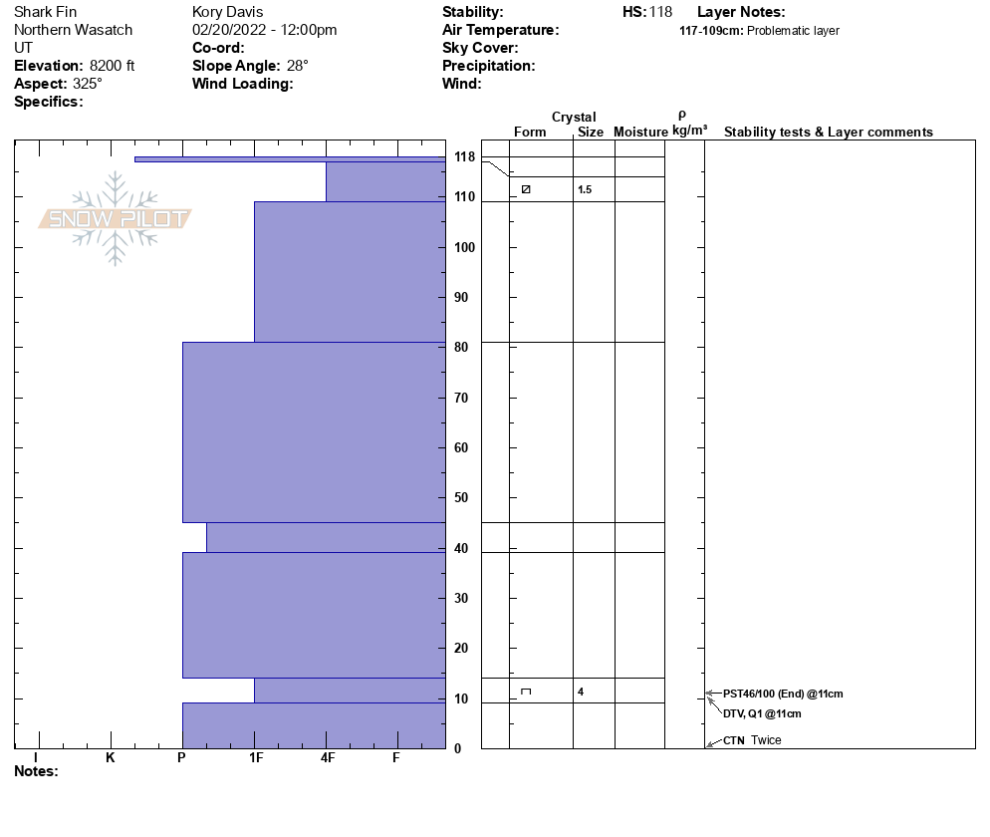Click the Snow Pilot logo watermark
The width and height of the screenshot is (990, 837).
(x=116, y=218)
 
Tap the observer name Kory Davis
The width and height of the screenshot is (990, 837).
(x=227, y=12)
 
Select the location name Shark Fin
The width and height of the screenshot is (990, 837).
(x=45, y=12)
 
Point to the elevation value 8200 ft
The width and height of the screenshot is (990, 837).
(x=112, y=66)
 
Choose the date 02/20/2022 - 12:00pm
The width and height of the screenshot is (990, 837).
(x=264, y=30)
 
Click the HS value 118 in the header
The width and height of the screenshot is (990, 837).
(x=660, y=12)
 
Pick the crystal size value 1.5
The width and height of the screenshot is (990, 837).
(x=585, y=189)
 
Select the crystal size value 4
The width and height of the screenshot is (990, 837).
(x=581, y=692)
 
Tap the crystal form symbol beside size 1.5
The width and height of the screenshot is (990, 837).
(x=526, y=189)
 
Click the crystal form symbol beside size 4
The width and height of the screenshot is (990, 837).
(x=526, y=692)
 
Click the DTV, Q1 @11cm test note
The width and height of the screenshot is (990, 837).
(x=762, y=713)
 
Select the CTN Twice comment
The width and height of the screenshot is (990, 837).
(x=752, y=740)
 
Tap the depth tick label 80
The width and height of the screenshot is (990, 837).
(x=461, y=348)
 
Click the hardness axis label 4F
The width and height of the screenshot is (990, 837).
(x=327, y=758)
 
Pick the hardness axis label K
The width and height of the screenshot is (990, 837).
(x=111, y=758)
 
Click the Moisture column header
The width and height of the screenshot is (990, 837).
(x=640, y=133)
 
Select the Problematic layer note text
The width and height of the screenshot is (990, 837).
(x=793, y=31)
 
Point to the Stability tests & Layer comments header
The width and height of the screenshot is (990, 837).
(x=828, y=133)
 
